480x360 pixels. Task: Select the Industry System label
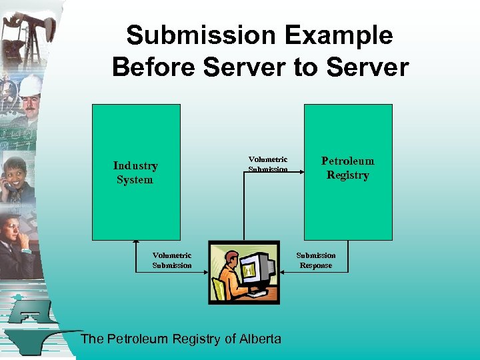coord(135,173)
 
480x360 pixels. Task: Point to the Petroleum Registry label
coord(347,168)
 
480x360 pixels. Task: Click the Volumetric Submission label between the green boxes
coord(268,164)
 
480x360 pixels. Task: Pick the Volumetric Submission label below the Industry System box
coord(172,260)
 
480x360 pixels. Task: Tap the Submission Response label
coord(316,260)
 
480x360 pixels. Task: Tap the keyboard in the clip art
coord(256,293)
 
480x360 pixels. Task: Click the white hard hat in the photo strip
coord(30,85)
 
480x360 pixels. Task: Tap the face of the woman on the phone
coord(15,169)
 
